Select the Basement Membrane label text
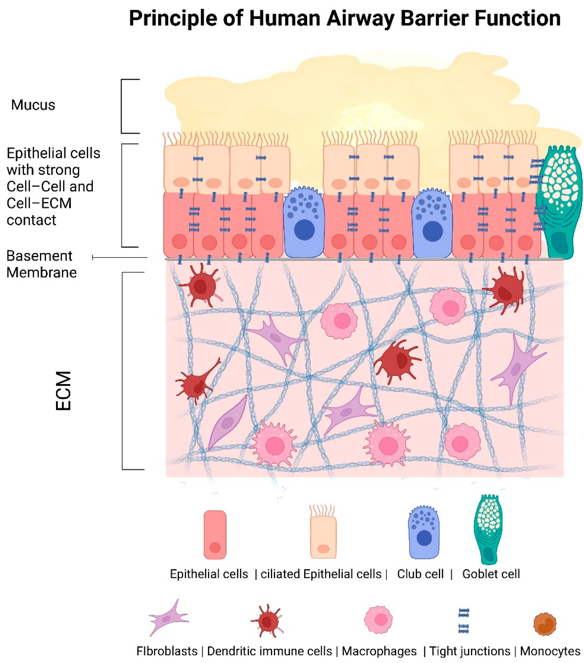point(41,264)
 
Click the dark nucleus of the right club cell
point(432,231)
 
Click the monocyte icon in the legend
point(545,624)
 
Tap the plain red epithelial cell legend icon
point(215,535)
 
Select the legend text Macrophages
point(379,651)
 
